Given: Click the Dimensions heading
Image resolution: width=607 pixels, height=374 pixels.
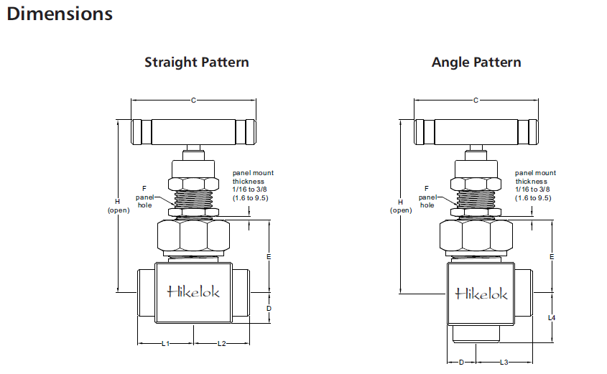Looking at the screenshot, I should pyautogui.click(x=60, y=14).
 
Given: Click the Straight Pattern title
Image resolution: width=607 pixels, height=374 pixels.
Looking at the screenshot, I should pyautogui.click(x=197, y=62).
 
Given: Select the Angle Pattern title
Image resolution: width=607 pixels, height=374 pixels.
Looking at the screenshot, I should pyautogui.click(x=476, y=62).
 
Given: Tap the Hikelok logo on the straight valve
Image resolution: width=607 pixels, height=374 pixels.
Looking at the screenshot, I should pyautogui.click(x=194, y=291).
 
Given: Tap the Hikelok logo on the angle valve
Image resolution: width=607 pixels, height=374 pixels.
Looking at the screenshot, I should pyautogui.click(x=481, y=294).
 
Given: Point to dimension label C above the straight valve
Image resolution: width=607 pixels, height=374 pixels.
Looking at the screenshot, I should pyautogui.click(x=193, y=100).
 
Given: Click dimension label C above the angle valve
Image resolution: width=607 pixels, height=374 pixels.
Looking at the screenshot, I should pyautogui.click(x=476, y=100).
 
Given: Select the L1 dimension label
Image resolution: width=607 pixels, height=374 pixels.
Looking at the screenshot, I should pyautogui.click(x=165, y=344).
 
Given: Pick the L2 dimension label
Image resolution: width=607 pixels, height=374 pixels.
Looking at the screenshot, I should pyautogui.click(x=222, y=344).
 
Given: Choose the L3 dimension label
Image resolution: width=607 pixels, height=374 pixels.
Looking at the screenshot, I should pyautogui.click(x=504, y=363).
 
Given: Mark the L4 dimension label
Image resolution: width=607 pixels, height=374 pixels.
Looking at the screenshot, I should pyautogui.click(x=552, y=317).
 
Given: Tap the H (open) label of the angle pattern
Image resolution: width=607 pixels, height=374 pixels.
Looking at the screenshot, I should pyautogui.click(x=401, y=206).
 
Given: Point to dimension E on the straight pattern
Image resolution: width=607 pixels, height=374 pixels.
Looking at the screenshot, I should pyautogui.click(x=269, y=256).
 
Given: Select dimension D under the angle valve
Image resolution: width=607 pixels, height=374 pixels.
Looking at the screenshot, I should pyautogui.click(x=462, y=363).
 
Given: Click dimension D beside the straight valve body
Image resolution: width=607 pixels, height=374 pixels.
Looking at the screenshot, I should pyautogui.click(x=269, y=308).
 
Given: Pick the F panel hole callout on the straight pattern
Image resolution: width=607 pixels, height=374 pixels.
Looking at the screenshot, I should pyautogui.click(x=144, y=195).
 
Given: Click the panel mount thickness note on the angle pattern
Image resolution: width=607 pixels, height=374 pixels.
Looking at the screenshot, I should pyautogui.click(x=535, y=185).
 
